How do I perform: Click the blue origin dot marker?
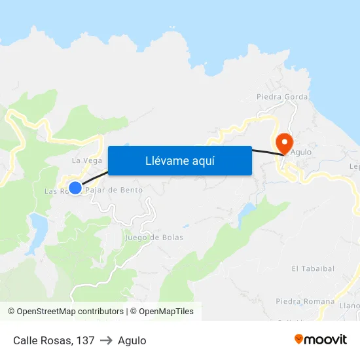point(75,188)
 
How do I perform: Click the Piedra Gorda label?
point(282,97)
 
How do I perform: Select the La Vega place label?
point(86,160)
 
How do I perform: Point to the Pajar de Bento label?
point(114,190)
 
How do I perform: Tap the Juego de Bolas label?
point(154,238)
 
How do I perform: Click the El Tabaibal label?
point(313,268)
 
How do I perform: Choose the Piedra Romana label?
point(305,302)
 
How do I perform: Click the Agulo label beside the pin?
point(301,152)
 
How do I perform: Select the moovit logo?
point(320,339)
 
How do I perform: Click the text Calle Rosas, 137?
point(54,340)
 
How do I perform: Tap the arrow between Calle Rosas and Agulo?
point(106,340)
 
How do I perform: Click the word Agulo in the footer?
point(132,340)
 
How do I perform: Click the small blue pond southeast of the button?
point(248,211)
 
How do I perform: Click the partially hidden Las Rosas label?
point(55,191)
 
